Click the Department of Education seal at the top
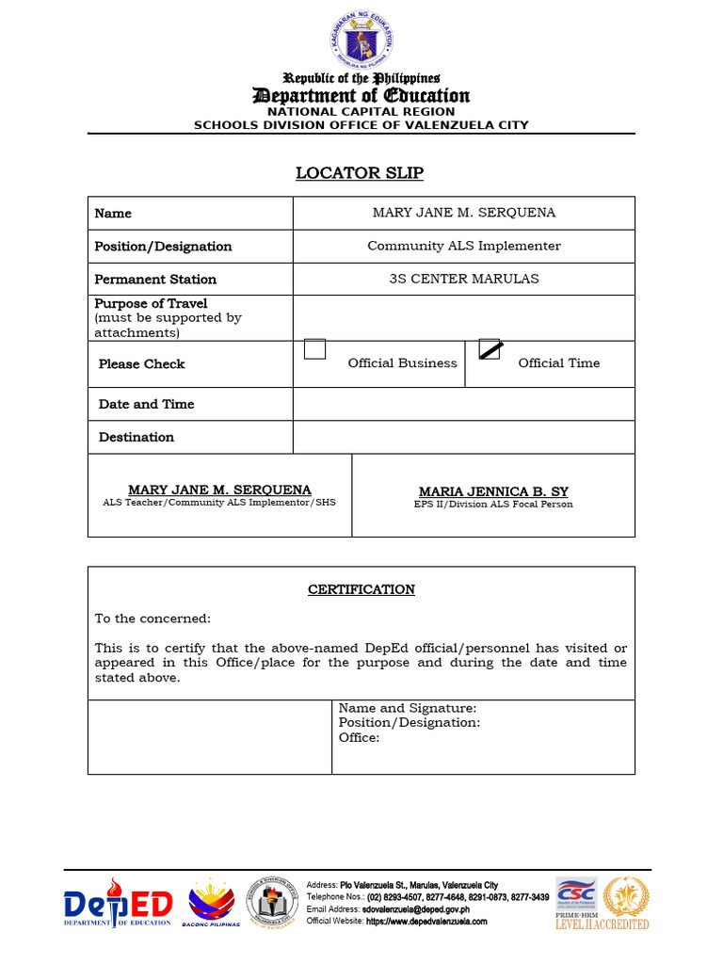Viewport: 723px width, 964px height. pos(361,40)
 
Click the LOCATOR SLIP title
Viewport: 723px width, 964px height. pos(360,173)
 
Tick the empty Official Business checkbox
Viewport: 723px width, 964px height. pos(314,349)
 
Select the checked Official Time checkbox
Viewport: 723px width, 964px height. pos(490,349)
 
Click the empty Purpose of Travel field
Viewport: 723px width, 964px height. pos(463,318)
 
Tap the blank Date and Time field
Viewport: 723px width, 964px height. pos(463,404)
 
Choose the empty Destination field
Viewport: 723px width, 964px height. pos(463,437)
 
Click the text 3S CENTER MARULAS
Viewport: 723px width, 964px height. pos(463,279)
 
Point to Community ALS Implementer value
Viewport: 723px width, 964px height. pos(463,246)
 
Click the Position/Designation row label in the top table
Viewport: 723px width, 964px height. pos(163,246)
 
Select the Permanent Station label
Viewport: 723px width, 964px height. pos(155,279)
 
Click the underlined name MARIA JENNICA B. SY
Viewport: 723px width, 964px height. pos(493,491)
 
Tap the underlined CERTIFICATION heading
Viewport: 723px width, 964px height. pos(361,589)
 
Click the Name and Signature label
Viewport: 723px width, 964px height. pos(407,708)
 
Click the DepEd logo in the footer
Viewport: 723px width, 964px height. pos(119,906)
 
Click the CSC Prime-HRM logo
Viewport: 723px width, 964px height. pos(575,901)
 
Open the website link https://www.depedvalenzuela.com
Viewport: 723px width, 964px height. pos(426,922)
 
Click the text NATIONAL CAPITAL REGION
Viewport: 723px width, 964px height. pos(361,111)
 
